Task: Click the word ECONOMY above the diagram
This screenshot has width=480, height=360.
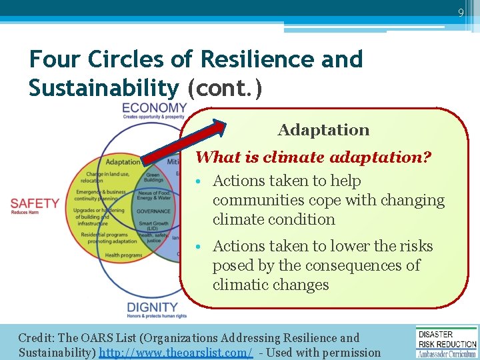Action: pyautogui.click(x=155, y=108)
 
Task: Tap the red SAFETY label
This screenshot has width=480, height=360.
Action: pyautogui.click(x=35, y=203)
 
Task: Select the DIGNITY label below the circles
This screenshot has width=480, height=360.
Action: pyautogui.click(x=153, y=307)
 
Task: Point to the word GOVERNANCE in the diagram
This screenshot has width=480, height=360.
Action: pyautogui.click(x=154, y=211)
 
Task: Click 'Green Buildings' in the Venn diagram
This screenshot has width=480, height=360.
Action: pyautogui.click(x=154, y=178)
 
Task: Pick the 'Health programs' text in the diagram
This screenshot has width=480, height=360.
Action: pyautogui.click(x=123, y=255)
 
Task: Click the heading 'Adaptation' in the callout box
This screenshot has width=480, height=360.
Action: pyautogui.click(x=323, y=130)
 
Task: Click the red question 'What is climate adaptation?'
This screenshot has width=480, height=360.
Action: pyautogui.click(x=313, y=157)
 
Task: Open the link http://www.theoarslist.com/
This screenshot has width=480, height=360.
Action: pyautogui.click(x=175, y=353)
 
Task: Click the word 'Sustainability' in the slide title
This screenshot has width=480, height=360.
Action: pyautogui.click(x=104, y=87)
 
